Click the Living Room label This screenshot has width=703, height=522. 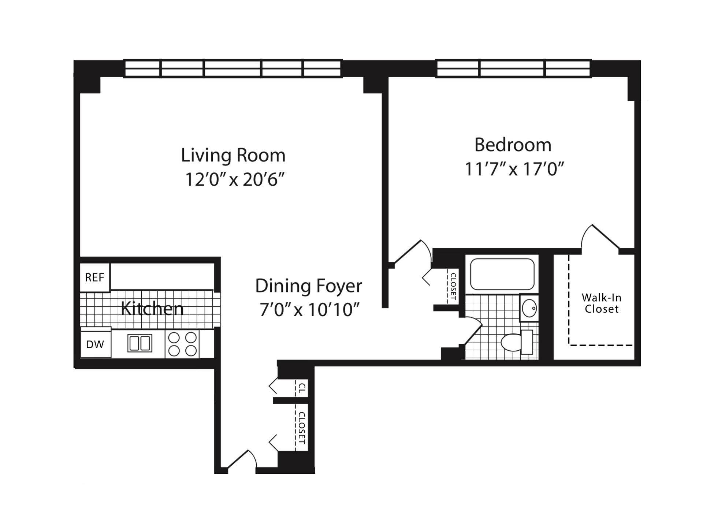[233, 155]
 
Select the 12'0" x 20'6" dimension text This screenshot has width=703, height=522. [235, 179]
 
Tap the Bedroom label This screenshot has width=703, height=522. [513, 145]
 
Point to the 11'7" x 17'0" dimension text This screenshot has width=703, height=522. [514, 169]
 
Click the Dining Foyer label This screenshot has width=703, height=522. [308, 286]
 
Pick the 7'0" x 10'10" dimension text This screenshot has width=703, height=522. [309, 310]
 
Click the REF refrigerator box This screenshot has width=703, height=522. [95, 277]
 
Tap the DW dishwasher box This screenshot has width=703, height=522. [95, 344]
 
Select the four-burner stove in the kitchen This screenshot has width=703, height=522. [182, 344]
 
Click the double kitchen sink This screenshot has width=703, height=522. [140, 343]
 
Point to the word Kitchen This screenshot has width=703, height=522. [152, 309]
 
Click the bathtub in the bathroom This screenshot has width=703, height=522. [502, 275]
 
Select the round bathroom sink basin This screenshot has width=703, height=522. [529, 308]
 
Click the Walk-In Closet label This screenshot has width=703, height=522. [601, 303]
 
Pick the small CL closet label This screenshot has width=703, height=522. [301, 388]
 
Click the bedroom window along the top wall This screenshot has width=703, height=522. [513, 69]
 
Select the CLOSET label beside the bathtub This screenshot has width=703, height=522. [453, 286]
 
